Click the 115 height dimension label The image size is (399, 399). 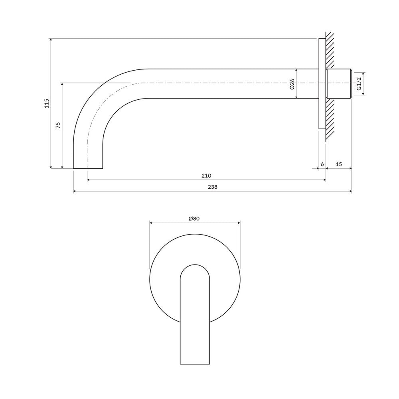pos(47,103)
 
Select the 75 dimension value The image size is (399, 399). pos(58,125)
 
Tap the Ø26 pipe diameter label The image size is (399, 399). pos(292,84)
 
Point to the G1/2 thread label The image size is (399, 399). pos(359,84)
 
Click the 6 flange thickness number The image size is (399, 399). pos(322,164)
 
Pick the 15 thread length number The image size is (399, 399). pos(339,164)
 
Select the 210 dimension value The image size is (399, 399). pos(206,176)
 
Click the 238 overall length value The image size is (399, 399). pos(213,187)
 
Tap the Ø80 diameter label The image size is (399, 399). pos(194,218)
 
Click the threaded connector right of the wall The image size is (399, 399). pos(339,84)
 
